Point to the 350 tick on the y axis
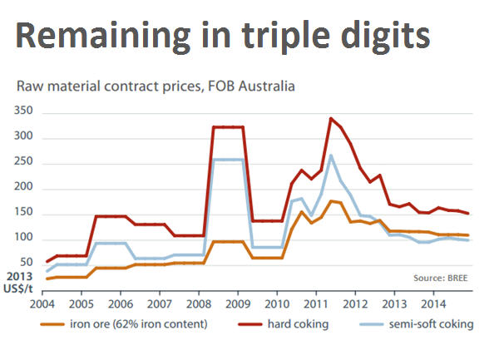click(x=22, y=111)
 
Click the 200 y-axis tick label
click(x=22, y=188)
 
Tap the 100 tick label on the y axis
click(x=22, y=239)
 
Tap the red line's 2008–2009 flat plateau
click(x=228, y=127)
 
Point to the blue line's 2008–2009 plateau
click(x=228, y=160)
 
